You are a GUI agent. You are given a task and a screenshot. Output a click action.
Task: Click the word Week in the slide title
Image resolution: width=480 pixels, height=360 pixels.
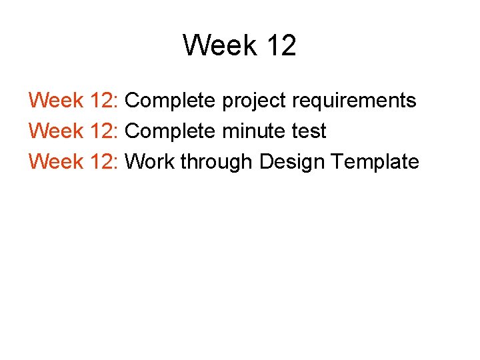click(220, 45)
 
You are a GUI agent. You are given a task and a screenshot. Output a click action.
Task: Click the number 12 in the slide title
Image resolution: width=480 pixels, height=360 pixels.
click(280, 45)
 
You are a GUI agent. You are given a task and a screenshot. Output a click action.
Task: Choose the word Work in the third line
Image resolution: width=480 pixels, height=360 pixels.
click(151, 161)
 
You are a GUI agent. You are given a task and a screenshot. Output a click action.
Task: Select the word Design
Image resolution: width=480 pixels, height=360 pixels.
click(292, 162)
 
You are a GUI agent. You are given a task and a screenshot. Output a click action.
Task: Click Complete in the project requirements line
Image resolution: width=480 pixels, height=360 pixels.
click(170, 101)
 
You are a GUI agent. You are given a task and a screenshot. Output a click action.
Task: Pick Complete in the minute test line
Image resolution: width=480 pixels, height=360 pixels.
click(170, 132)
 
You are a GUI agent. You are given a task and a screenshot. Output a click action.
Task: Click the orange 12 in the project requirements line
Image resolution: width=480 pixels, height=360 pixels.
click(101, 101)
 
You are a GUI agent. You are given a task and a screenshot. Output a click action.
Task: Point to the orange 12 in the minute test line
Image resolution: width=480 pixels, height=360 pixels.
click(101, 131)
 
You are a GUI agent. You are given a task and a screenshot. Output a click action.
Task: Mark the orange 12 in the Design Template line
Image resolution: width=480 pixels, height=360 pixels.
click(101, 161)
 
